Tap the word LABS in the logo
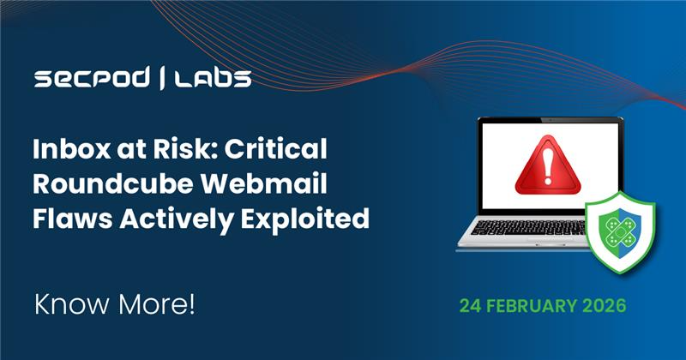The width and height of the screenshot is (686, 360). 213,80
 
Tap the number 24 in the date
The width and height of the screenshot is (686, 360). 470,304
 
